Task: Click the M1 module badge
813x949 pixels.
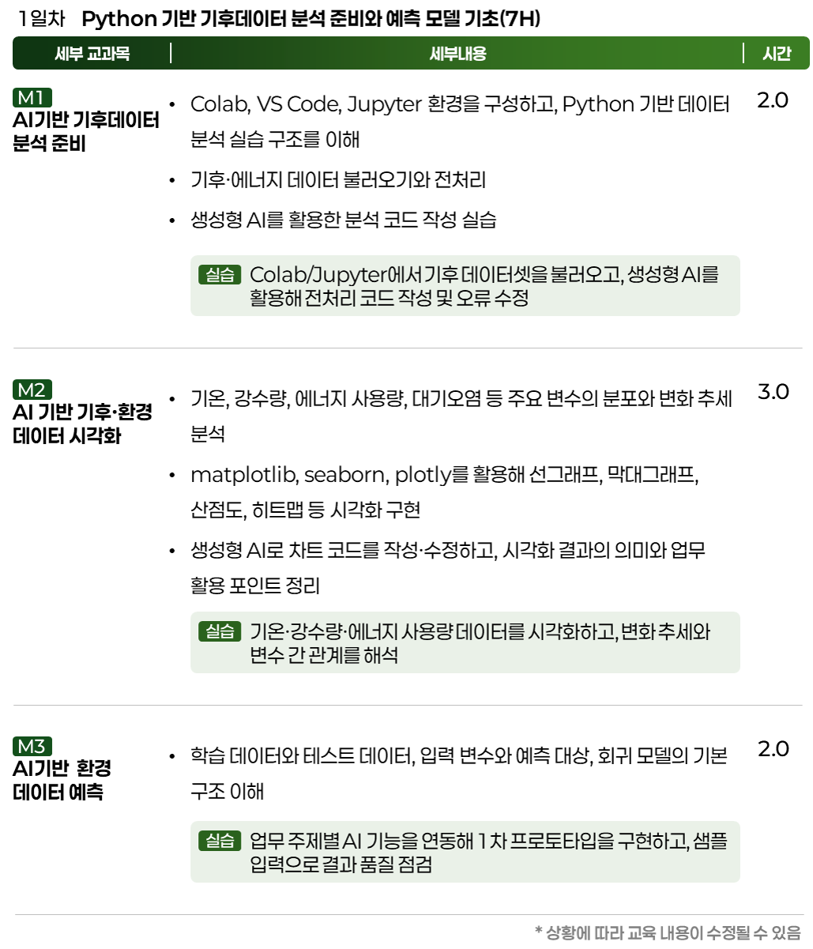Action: coord(32,98)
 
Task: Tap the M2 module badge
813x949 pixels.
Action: coord(32,390)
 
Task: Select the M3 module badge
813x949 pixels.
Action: coord(32,747)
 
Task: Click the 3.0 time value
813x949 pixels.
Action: coord(773,392)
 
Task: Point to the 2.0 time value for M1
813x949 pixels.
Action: coord(773,100)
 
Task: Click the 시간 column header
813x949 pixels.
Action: coord(777,53)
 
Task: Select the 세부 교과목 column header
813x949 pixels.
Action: coord(92,53)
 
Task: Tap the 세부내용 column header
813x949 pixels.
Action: coord(457,53)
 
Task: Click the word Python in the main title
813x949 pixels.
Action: coord(119,19)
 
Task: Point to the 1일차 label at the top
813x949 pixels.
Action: coord(42,19)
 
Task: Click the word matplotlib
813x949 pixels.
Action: coord(244,475)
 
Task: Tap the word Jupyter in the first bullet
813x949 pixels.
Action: coord(384,104)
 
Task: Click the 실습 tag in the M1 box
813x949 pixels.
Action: coord(220,274)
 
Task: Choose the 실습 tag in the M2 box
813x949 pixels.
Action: coord(220,631)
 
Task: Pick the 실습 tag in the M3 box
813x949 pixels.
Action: coord(220,841)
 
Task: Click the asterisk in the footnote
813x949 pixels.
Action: coord(539,930)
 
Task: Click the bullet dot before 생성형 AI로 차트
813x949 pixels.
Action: coord(172,550)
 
